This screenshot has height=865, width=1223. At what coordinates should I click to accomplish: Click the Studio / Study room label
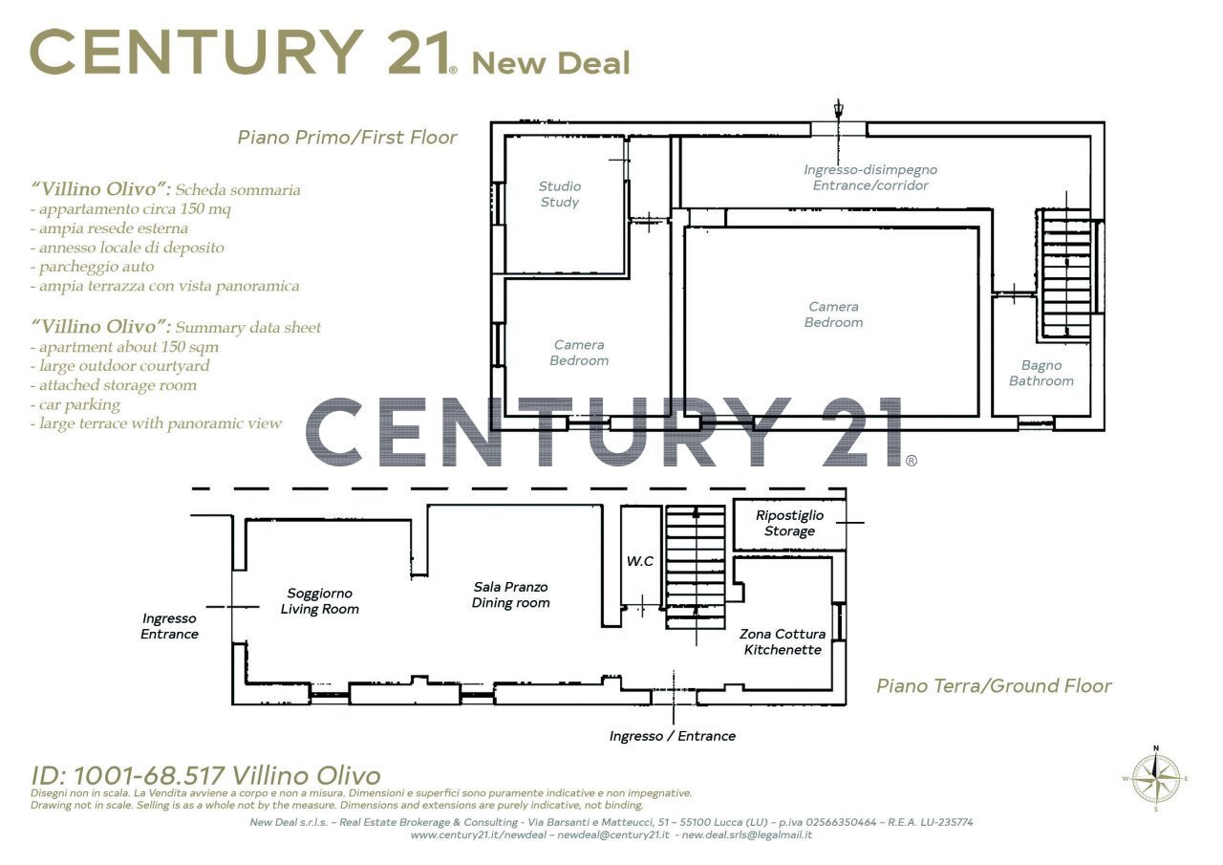pos(560,194)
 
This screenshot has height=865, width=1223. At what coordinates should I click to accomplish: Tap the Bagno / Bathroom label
pos(1041,373)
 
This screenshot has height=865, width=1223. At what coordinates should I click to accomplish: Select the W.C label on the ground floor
pos(640,561)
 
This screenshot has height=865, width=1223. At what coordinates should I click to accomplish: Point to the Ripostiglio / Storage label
pos(789,523)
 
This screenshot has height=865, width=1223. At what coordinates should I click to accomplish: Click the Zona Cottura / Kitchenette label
pos(783,641)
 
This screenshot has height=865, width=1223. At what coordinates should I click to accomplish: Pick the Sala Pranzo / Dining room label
pos(510,595)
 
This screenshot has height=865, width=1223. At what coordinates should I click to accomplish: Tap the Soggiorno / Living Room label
pos(320,600)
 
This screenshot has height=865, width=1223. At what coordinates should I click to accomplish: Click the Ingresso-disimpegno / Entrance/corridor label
pos(870,178)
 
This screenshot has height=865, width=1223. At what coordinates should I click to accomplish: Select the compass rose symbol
pos(1156,779)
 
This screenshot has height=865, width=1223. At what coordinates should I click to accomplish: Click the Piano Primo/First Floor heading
pos(347,137)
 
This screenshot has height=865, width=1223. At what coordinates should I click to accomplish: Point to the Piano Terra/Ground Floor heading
pos(994,686)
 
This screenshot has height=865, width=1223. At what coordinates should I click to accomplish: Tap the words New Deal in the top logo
pos(551,63)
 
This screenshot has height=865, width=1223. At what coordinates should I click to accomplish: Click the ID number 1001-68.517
pos(149,775)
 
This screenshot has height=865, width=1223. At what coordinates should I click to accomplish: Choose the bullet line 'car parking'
pos(75,404)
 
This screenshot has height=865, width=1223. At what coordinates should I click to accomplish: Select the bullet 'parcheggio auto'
pos(93,267)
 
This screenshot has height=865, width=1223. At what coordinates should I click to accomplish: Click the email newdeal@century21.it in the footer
pos(613,835)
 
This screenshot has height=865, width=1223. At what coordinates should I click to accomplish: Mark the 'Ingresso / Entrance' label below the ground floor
pos(672,736)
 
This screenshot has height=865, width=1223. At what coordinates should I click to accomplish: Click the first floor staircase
pos(1066,274)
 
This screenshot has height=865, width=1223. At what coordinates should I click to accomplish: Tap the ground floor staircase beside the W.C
pos(696,567)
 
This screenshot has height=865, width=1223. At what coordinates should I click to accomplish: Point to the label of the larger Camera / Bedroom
pos(834,314)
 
